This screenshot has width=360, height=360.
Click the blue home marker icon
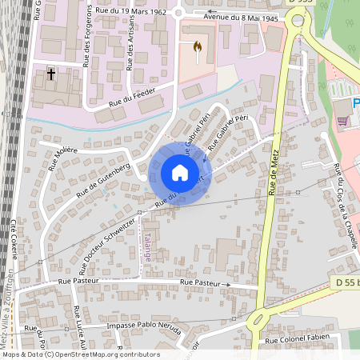tap(180, 173)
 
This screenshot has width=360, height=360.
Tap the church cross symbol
tap(51, 75)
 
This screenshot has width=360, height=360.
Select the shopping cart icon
tap(343, 121)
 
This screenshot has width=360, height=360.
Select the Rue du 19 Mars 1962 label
tap(130, 10)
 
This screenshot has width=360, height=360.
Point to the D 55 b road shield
tap(346, 282)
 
